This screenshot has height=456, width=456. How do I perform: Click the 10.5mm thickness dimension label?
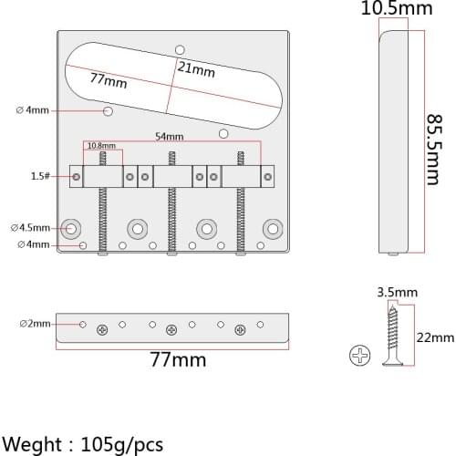click(397, 8)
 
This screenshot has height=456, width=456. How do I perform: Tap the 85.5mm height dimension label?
click(433, 150)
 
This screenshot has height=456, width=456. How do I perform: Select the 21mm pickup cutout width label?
click(196, 69)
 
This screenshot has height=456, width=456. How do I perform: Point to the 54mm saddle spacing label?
click(170, 137)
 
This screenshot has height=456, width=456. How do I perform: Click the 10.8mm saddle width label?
click(101, 146)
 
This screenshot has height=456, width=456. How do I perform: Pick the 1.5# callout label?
click(40, 176)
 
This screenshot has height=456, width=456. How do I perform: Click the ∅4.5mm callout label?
click(30, 228)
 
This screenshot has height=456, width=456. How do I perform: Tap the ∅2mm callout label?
click(36, 324)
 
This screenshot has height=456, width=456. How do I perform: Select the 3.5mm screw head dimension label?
click(398, 293)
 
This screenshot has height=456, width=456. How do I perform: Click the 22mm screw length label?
click(435, 337)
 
